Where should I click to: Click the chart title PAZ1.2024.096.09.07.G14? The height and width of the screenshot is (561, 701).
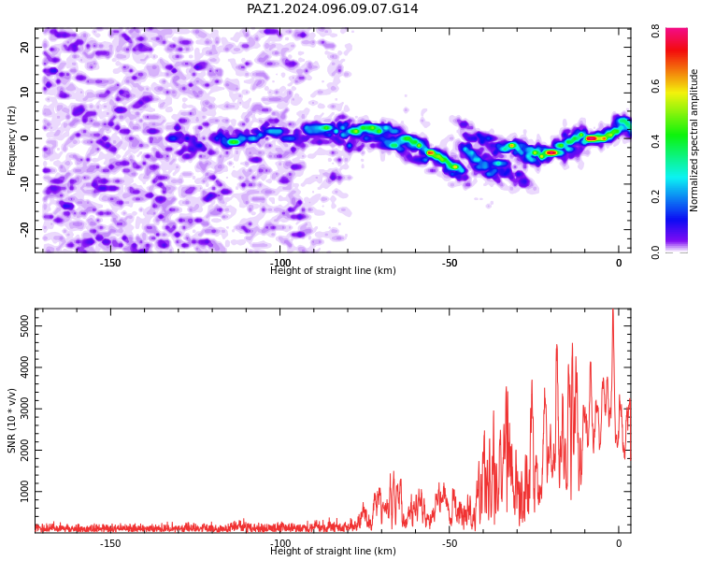coord(333,8)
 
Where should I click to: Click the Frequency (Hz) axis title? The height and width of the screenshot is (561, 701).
coord(11,140)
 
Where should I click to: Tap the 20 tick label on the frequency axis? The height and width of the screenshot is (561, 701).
coord(25,47)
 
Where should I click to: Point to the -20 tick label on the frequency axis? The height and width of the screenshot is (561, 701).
coord(25,229)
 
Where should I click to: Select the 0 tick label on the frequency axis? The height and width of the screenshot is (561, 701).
coord(25,138)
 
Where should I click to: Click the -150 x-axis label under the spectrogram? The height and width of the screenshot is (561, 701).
coord(110,263)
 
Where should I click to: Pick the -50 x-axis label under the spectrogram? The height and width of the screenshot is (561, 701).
coord(449,263)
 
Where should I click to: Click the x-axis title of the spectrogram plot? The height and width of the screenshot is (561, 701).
coord(333,270)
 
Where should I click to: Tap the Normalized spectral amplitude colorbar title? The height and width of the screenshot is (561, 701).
coord(694,140)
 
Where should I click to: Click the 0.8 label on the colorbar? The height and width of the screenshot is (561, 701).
coord(655,31)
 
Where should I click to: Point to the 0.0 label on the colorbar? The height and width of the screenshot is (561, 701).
coord(655,252)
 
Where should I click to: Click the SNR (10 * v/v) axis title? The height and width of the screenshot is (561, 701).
coord(11,421)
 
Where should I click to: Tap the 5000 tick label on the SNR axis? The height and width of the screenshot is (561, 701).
coord(25,325)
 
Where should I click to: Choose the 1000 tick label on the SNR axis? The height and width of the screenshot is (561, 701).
coord(25,491)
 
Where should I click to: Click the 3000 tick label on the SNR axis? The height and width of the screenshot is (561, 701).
coord(25,409)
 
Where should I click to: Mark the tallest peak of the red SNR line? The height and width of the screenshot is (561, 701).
coord(613,309)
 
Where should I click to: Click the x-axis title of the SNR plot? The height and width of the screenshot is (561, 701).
coord(333,551)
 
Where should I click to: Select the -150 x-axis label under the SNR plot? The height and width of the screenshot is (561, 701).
coord(110,543)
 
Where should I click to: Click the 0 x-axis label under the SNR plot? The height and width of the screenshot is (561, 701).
coord(619,543)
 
